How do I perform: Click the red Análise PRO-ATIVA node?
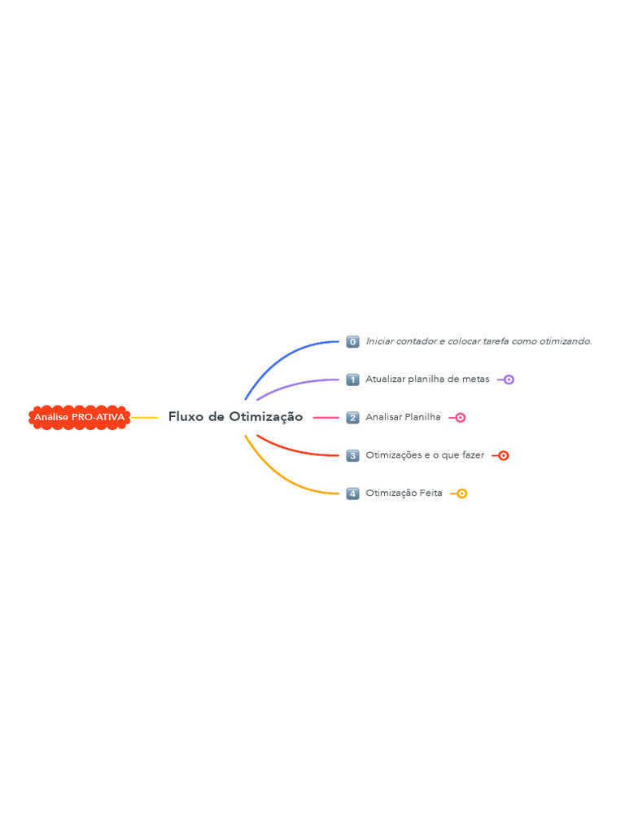[79, 418]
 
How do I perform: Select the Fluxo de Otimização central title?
[235, 417]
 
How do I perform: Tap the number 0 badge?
[352, 341]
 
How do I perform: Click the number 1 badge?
[352, 380]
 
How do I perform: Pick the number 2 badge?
[352, 418]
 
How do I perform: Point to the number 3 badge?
[352, 456]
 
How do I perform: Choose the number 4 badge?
[352, 494]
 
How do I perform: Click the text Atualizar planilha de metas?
[427, 380]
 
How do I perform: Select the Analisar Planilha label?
[403, 417]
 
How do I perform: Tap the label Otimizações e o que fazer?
[425, 455]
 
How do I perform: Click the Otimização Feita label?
[404, 493]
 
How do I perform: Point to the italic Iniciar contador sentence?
[479, 341]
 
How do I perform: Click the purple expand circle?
[509, 380]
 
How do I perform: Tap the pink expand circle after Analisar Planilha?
[461, 418]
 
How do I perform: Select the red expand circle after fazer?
[503, 456]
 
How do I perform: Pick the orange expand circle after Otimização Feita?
[462, 494]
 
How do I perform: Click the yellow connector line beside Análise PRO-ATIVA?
[145, 418]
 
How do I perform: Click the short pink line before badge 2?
[326, 418]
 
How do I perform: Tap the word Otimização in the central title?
[266, 417]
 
